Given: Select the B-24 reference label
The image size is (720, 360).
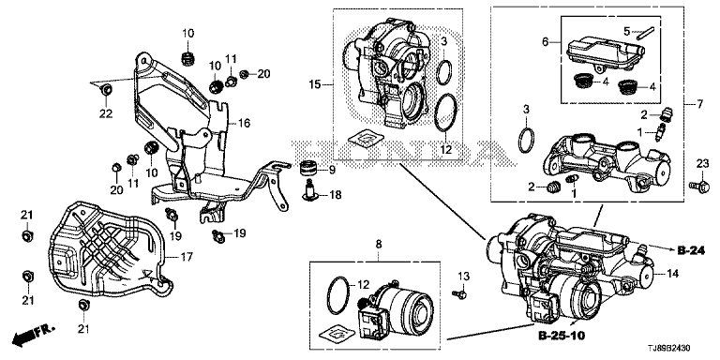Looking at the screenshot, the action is pos(692,250).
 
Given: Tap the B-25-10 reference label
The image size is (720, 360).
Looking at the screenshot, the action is pos(562,337).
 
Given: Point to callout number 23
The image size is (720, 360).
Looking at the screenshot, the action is pos(703,163).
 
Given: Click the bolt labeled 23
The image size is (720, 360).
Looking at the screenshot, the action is pos(698,186).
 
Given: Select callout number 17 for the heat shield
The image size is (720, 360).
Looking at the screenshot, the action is pos(185,256).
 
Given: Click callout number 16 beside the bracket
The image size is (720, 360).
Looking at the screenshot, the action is pos(244,123).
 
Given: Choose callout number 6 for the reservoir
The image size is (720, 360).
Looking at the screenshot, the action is pos(545,42).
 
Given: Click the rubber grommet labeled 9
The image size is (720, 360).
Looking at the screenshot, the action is pos(309,169).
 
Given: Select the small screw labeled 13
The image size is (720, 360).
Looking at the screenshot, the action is pos(459,292).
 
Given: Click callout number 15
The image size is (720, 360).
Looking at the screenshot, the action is pos(315,84).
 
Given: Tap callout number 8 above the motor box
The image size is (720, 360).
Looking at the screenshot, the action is pos(379,245).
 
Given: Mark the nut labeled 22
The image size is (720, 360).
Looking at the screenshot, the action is pos(107,90).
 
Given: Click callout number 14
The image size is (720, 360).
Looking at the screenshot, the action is pos(673,274).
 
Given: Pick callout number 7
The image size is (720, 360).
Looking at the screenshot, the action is pos(699,105).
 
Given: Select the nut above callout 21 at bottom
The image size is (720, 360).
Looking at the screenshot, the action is pos(83,304).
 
